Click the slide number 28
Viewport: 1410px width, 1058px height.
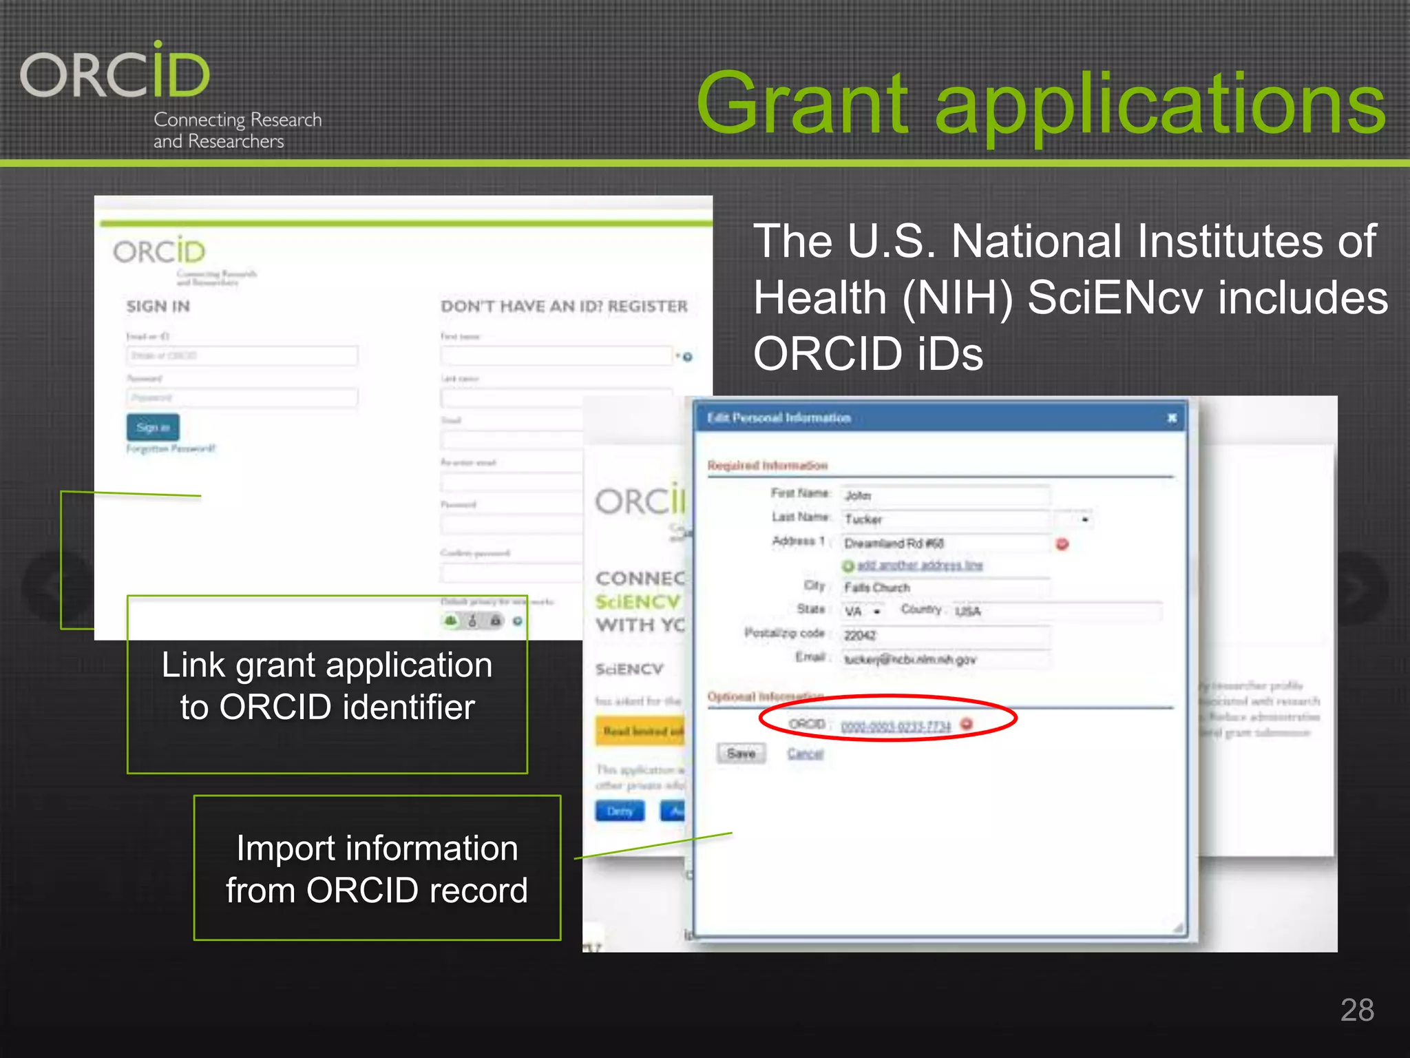[1356, 1010]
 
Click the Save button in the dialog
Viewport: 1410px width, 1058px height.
[741, 754]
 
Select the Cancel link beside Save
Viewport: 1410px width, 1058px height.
[805, 754]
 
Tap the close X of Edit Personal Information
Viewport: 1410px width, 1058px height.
[1172, 418]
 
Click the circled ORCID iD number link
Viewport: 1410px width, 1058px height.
[895, 726]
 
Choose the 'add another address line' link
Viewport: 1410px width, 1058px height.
[919, 566]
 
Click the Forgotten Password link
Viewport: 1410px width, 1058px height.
[171, 448]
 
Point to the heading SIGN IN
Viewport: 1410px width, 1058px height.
[158, 307]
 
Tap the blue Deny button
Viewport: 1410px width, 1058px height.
[620, 811]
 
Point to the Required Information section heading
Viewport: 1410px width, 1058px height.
[767, 466]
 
